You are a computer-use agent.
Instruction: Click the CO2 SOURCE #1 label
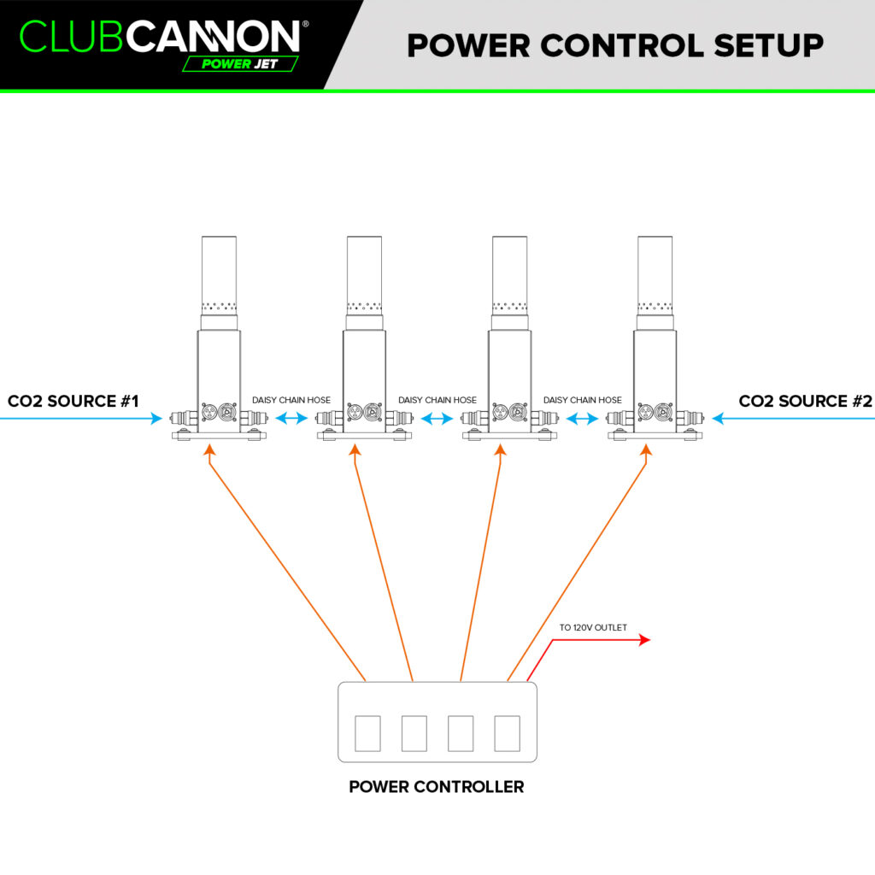[73, 401]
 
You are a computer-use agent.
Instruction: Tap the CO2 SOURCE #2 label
[805, 401]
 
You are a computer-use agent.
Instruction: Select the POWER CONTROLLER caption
[437, 787]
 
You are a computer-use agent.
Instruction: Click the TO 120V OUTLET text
[593, 627]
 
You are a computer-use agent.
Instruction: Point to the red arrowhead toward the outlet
[644, 639]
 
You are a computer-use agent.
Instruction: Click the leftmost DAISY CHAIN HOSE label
[291, 400]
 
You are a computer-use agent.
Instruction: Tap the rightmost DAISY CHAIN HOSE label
[583, 400]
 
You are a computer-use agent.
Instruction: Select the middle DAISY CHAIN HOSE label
[437, 400]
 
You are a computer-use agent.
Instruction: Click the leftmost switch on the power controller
[367, 733]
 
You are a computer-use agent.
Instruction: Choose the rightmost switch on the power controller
[508, 733]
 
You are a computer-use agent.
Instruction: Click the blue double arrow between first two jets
[291, 418]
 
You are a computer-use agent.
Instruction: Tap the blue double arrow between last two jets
[583, 418]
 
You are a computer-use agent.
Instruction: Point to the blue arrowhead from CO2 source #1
[157, 418]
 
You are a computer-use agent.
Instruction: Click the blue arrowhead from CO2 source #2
[718, 418]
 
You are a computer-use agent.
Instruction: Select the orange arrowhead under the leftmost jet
[209, 449]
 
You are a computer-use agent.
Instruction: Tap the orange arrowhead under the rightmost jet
[646, 449]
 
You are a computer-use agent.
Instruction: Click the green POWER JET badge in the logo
[240, 63]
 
